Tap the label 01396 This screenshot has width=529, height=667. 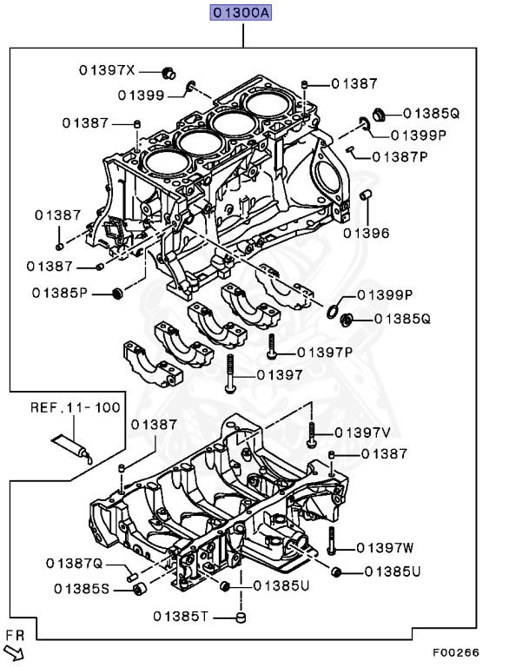pyautogui.click(x=366, y=233)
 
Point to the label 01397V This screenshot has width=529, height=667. pyautogui.click(x=362, y=433)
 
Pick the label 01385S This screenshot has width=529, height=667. pyautogui.click(x=82, y=589)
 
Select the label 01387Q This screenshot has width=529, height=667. pyautogui.click(x=76, y=564)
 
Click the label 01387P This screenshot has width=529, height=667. pyautogui.click(x=400, y=157)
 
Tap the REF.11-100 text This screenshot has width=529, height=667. pyautogui.click(x=76, y=406)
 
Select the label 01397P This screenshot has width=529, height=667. pyautogui.click(x=324, y=353)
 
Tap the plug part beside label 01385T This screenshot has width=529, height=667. pyautogui.click(x=243, y=617)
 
